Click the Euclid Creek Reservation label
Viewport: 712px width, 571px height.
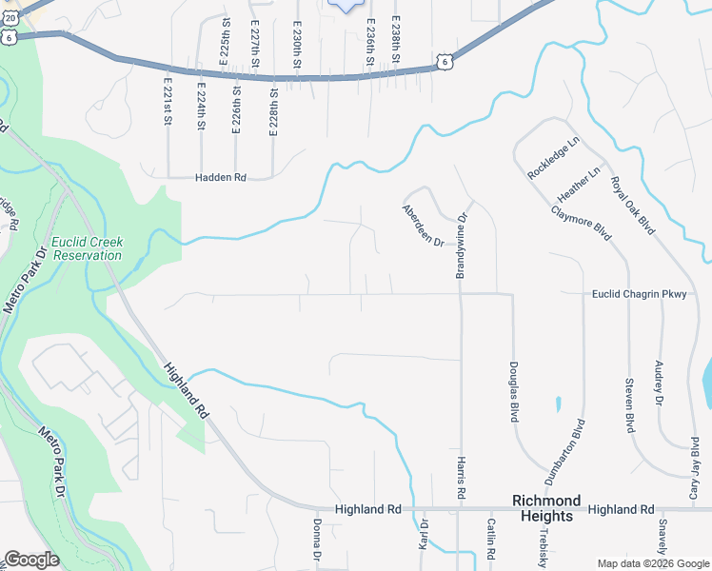[87, 248]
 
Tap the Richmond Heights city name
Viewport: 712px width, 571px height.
[546, 508]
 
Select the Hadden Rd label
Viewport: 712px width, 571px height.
[221, 178]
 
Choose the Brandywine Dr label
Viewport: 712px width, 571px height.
[462, 245]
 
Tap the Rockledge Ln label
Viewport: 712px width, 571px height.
[553, 159]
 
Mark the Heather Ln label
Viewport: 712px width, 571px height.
[580, 183]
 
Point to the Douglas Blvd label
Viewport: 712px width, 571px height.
[513, 391]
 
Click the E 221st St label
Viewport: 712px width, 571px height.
[167, 106]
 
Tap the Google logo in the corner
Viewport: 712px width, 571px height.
[31, 560]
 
